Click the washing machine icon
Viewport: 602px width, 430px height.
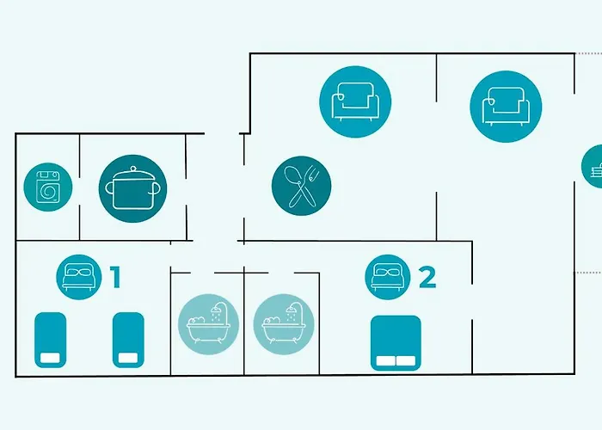[x=48, y=187]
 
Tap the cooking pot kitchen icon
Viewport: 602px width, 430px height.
[x=132, y=188]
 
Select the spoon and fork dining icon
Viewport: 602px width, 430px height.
[x=301, y=186]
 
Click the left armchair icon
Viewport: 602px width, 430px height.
[x=355, y=101]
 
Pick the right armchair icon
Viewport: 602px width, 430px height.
[x=506, y=107]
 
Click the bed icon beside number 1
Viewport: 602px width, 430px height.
[x=79, y=277]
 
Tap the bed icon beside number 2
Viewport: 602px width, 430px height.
[x=388, y=277]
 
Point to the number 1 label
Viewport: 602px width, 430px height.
[x=115, y=277]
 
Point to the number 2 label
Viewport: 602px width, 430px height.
[x=427, y=278]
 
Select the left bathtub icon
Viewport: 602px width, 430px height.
[x=208, y=324]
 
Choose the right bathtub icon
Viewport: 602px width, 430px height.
[x=284, y=324]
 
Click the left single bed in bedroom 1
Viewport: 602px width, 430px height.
[x=50, y=341]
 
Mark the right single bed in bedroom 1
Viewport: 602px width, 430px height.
[x=128, y=341]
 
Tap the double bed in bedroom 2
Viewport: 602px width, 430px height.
[x=396, y=343]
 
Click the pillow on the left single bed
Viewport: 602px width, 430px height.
[x=50, y=358]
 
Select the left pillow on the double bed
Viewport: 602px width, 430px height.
[x=385, y=361]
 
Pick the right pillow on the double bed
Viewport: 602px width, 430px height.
[x=406, y=361]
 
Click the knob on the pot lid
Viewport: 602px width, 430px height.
[x=133, y=169]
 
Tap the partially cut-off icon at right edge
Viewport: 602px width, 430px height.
[x=592, y=166]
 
